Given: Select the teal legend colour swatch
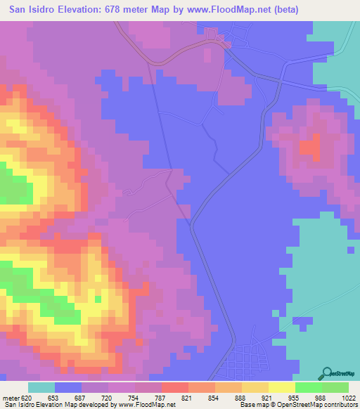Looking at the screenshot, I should click(41, 387).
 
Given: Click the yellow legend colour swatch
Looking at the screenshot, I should click(255, 387).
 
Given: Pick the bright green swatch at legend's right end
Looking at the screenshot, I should click(335, 387).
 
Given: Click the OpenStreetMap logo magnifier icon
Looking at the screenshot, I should click(328, 372).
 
